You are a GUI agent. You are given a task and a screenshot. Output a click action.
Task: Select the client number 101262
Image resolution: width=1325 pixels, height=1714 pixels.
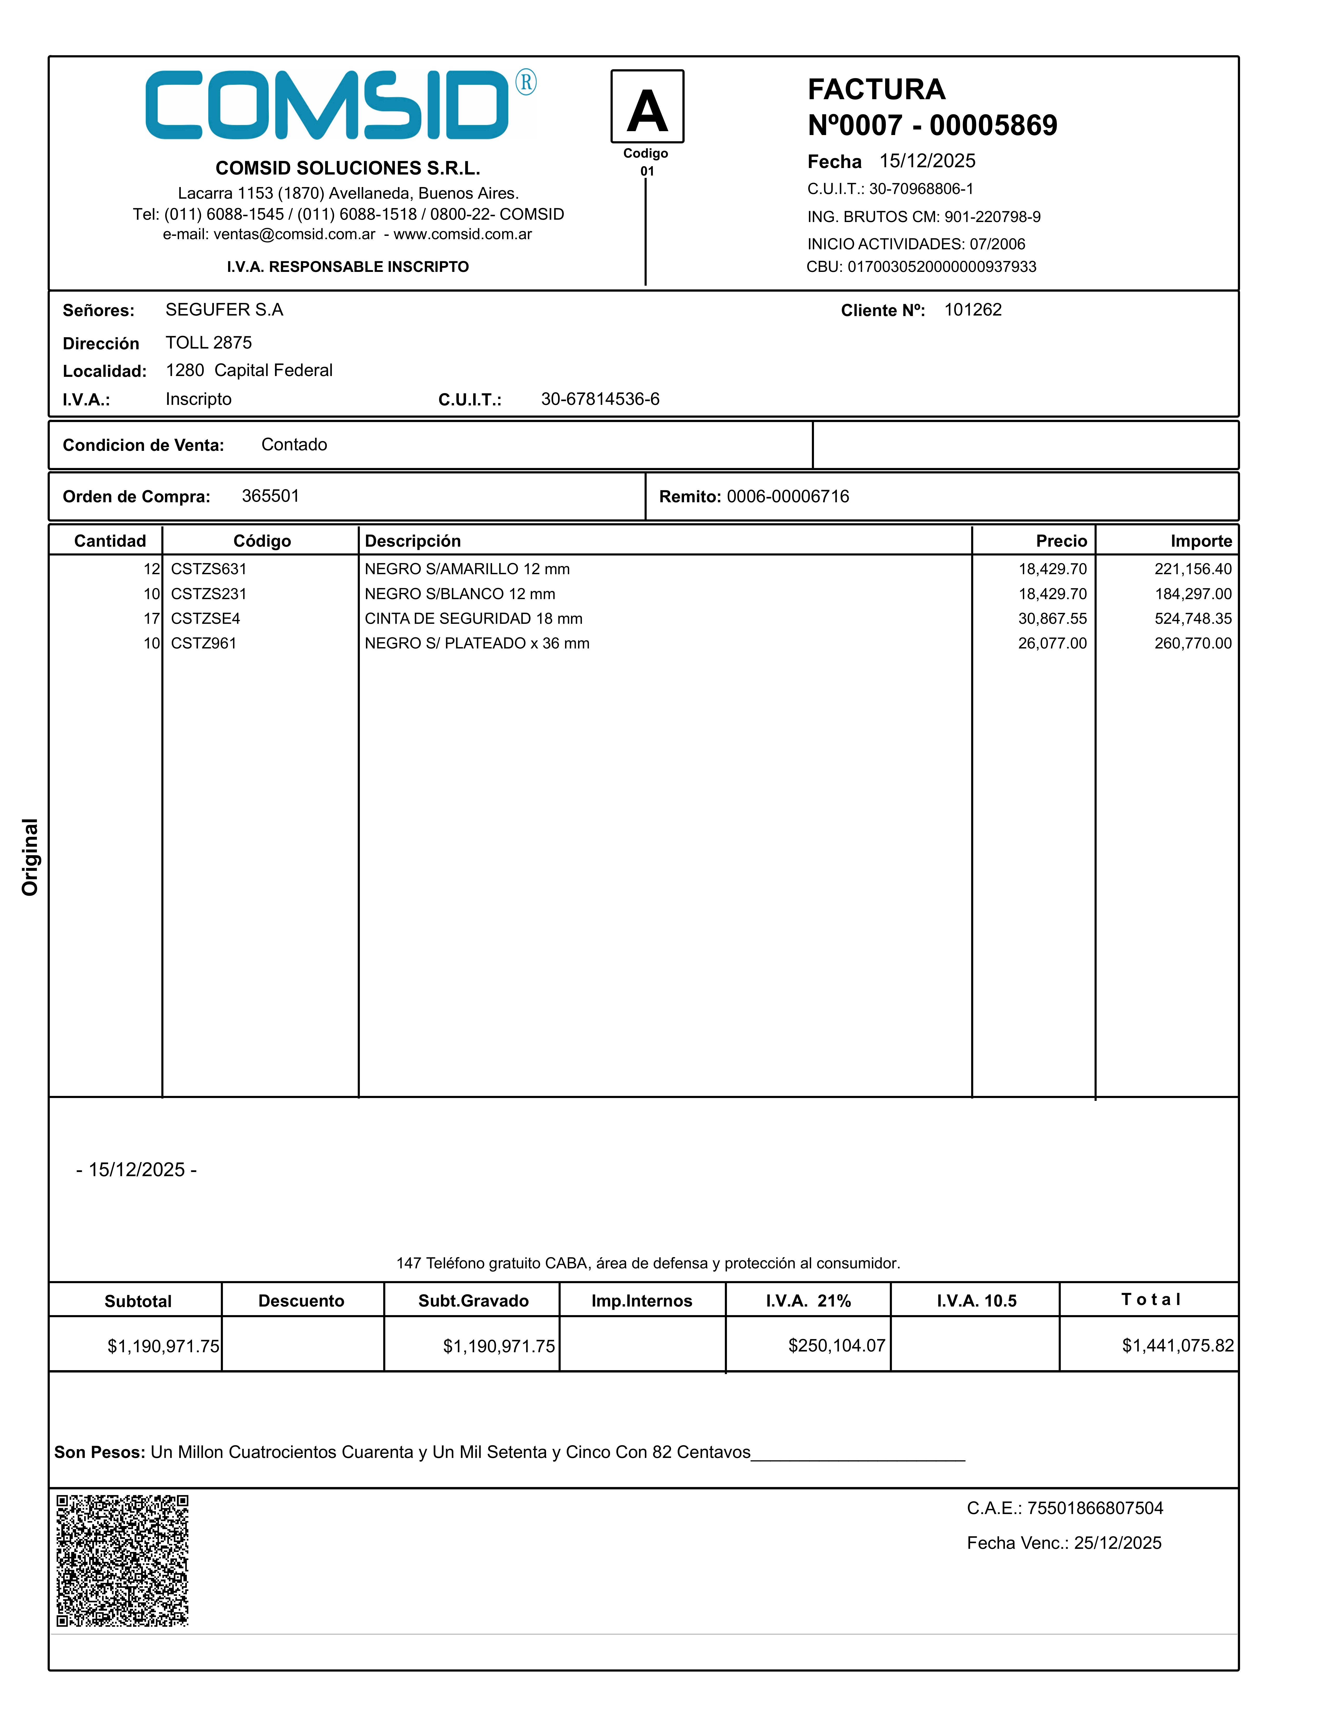[972, 310]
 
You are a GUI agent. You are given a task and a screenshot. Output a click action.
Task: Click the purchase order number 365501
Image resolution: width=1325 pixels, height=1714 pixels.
[270, 496]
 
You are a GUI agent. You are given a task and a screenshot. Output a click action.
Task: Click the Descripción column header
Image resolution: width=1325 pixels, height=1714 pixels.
[413, 541]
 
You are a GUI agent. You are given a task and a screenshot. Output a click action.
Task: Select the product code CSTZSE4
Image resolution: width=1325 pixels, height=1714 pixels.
[206, 618]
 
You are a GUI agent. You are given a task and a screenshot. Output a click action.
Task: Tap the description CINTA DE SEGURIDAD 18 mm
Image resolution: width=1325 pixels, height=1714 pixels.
[473, 618]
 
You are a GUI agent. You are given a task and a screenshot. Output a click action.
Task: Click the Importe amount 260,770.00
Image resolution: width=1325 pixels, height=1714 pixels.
[1192, 644]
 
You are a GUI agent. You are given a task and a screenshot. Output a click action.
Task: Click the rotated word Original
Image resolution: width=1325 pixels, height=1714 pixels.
[30, 857]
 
